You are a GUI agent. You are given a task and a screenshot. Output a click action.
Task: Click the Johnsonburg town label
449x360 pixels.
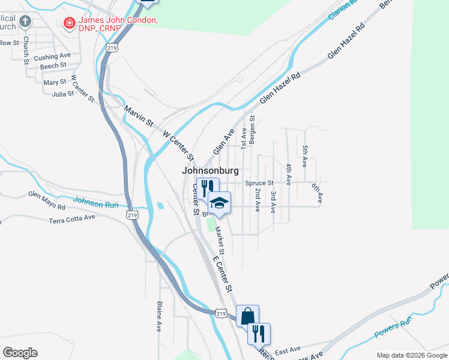tap(210, 171)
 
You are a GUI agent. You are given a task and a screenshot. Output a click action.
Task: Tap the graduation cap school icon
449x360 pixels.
tap(220, 203)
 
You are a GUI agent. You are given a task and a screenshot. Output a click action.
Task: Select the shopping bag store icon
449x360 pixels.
tap(247, 315)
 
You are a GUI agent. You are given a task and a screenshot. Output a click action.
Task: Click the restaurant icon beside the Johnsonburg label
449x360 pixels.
tap(204, 187)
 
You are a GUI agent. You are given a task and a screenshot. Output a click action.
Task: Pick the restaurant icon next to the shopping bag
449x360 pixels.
tap(259, 332)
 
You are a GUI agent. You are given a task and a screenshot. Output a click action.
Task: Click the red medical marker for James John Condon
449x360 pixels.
tap(70, 23)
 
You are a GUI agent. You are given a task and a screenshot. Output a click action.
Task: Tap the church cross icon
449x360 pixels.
tap(25, 22)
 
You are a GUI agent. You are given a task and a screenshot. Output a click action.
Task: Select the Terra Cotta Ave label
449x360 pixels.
tap(73, 218)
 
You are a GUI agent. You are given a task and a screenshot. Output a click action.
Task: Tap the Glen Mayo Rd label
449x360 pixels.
tap(47, 200)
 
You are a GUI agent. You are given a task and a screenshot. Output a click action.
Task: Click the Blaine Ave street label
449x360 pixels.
tap(160, 316)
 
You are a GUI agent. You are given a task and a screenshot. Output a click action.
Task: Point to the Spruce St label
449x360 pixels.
tap(259, 183)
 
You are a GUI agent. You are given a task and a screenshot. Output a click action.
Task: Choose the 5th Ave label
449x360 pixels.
tap(305, 155)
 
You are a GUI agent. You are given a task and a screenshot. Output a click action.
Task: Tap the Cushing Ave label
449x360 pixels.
tap(53, 56)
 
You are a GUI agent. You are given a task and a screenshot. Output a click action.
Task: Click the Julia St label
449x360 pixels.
tap(63, 94)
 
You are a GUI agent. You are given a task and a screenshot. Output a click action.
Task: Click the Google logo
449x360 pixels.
tap(20, 353)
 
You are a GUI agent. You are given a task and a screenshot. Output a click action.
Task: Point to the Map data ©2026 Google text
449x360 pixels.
tap(411, 355)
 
